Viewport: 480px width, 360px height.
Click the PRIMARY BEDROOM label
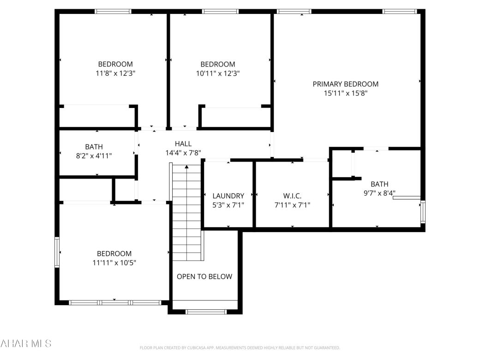tap(345, 84)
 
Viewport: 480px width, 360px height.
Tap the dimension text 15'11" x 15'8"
tap(345, 93)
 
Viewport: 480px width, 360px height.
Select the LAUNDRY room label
tap(228, 196)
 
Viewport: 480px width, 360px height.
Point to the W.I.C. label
tap(292, 196)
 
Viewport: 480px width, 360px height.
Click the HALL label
tap(183, 144)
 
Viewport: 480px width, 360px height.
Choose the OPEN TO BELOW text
tap(204, 276)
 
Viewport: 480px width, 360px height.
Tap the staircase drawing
tap(187, 212)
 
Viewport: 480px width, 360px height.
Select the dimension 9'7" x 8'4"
tap(379, 193)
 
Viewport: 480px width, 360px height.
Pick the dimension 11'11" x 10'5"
tap(114, 263)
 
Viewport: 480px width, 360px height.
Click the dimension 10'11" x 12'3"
tap(217, 73)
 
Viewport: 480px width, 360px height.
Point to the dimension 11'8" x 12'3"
tap(115, 73)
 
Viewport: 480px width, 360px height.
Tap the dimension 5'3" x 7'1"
tap(228, 204)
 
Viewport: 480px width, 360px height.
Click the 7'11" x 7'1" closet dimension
tap(292, 204)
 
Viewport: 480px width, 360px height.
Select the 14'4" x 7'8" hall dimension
tap(183, 152)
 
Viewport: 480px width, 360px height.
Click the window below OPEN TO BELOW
tap(206, 312)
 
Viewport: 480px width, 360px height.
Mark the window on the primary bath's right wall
tap(423, 212)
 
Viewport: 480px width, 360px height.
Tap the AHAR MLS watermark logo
tap(26, 343)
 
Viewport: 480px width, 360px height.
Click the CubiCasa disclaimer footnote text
tap(240, 348)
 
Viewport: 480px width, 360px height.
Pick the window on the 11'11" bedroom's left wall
tap(57, 252)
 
